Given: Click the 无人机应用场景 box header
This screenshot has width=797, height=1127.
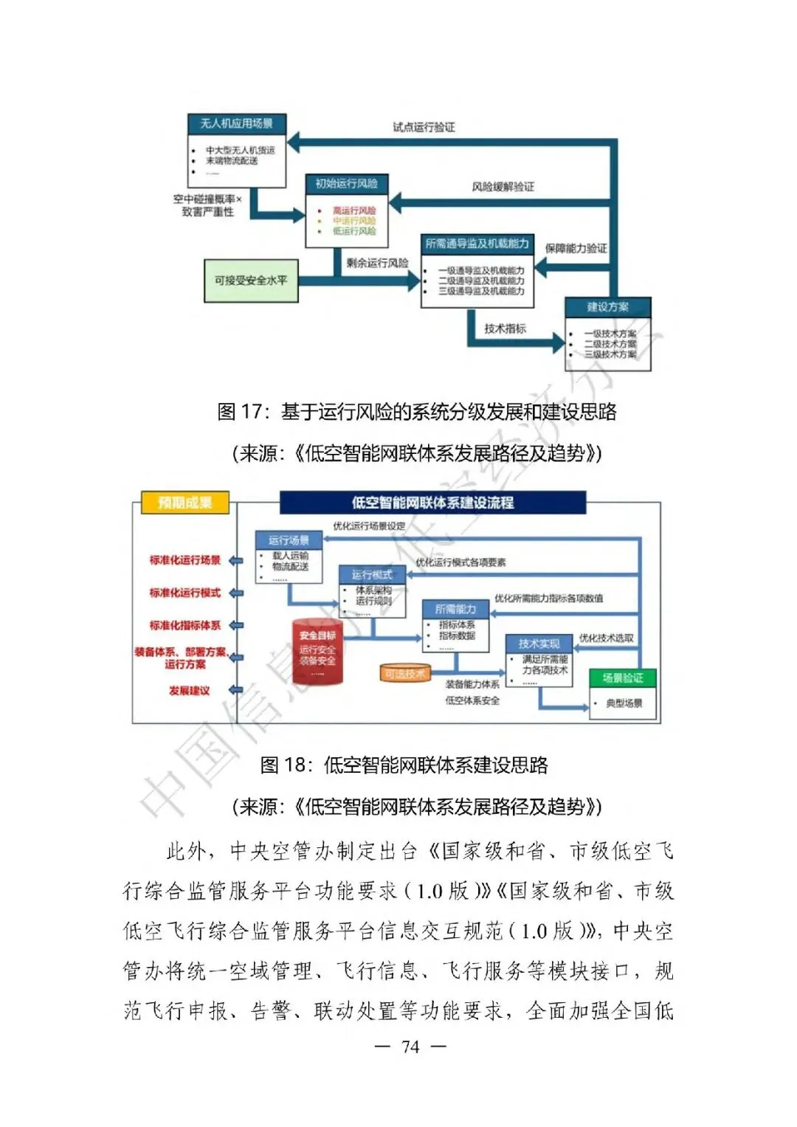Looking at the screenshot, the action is point(236,123).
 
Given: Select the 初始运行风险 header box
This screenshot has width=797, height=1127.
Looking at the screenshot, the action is point(346,184).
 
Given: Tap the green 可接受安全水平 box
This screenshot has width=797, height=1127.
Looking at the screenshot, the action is point(251,280).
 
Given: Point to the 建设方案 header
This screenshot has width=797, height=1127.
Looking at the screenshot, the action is point(608,307).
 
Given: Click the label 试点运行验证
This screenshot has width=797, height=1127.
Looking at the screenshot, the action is point(424,127).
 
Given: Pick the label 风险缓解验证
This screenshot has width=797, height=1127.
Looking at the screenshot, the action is point(503,187).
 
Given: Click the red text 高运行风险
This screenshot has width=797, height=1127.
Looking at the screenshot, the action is point(354,210).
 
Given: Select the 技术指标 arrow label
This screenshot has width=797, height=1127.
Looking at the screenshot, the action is point(505,329).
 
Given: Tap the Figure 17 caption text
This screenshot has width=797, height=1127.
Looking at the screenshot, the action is point(417,412).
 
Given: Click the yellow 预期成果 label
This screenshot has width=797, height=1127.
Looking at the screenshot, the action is point(185,503).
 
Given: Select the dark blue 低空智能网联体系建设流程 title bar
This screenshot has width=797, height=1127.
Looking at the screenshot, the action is point(432,503).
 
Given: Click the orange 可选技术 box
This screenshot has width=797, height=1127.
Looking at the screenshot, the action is point(405,673).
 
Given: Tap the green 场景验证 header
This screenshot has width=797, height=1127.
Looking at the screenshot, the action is point(623,678).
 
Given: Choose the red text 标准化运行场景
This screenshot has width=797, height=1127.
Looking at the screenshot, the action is point(185,560).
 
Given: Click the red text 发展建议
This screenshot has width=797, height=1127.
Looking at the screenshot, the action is point(190,691).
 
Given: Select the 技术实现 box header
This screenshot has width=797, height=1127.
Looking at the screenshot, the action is point(539,644).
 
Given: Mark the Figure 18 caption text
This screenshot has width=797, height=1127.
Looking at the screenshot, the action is point(404,765).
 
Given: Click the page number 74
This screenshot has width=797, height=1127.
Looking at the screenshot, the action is point(410,1047).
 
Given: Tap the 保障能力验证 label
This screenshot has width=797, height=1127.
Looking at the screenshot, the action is point(576,248).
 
